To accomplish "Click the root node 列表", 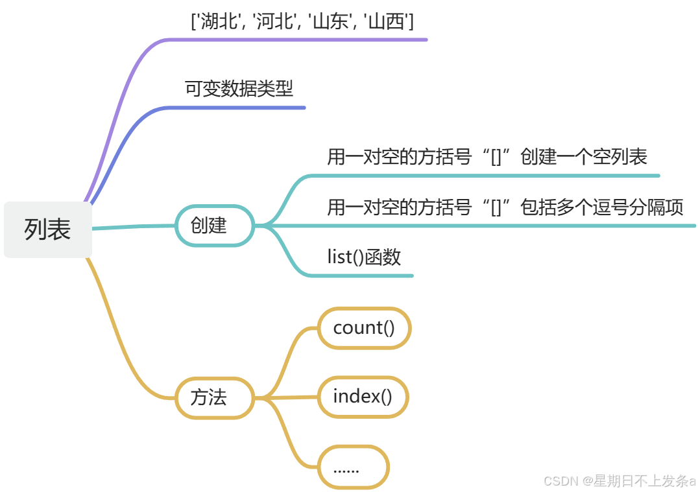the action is point(48,229).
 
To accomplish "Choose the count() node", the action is point(364,328).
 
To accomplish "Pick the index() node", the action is point(363,396).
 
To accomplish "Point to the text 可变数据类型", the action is point(239,88).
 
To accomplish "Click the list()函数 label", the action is point(364,257).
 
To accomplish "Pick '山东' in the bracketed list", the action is point(331,22).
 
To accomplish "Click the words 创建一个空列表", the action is point(584,156).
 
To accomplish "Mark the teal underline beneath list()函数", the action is point(363,275).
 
